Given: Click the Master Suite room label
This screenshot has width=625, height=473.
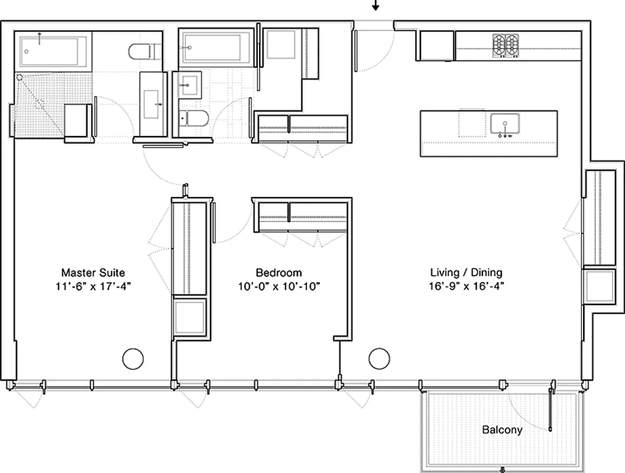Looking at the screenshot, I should click(x=93, y=273).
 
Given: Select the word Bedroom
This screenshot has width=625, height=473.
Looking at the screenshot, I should click(x=279, y=273).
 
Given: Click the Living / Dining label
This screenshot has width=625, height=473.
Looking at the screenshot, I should click(x=466, y=273).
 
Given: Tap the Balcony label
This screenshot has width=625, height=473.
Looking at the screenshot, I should click(x=502, y=430).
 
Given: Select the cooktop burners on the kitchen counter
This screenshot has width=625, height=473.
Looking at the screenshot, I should click(x=505, y=46).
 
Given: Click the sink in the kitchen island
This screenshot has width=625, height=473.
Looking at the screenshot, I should click(x=504, y=124).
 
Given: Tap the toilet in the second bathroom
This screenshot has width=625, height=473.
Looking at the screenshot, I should click(x=193, y=119).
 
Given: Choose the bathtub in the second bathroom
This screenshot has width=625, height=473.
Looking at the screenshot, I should click(x=218, y=48).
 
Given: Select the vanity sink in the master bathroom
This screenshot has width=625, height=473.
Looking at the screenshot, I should click(x=151, y=103).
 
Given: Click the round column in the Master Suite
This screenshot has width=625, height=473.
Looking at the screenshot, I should click(x=132, y=358).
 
